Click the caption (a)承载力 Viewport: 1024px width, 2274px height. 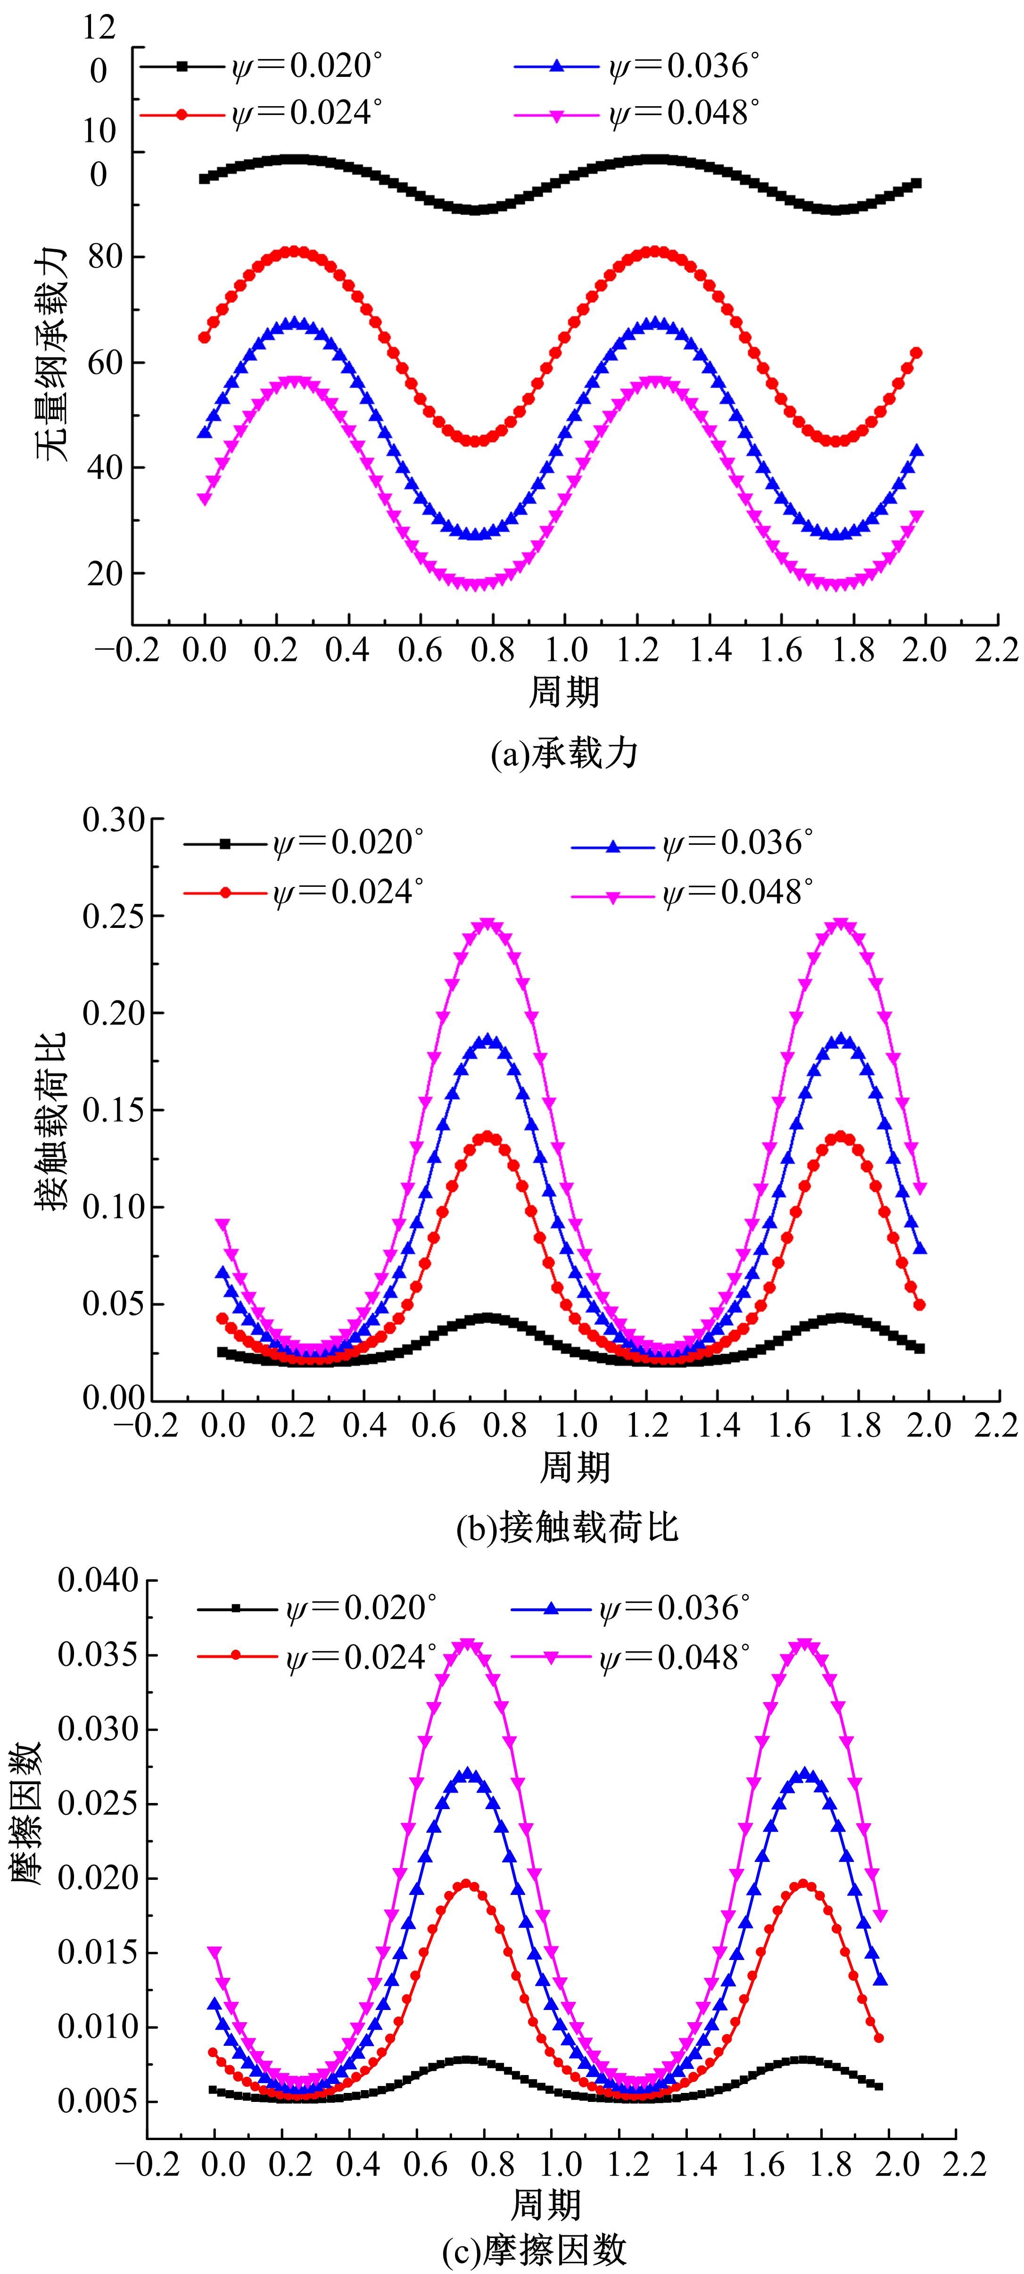563,755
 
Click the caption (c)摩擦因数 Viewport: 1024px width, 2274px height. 535,2249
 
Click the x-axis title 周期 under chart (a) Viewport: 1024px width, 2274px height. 563,691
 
